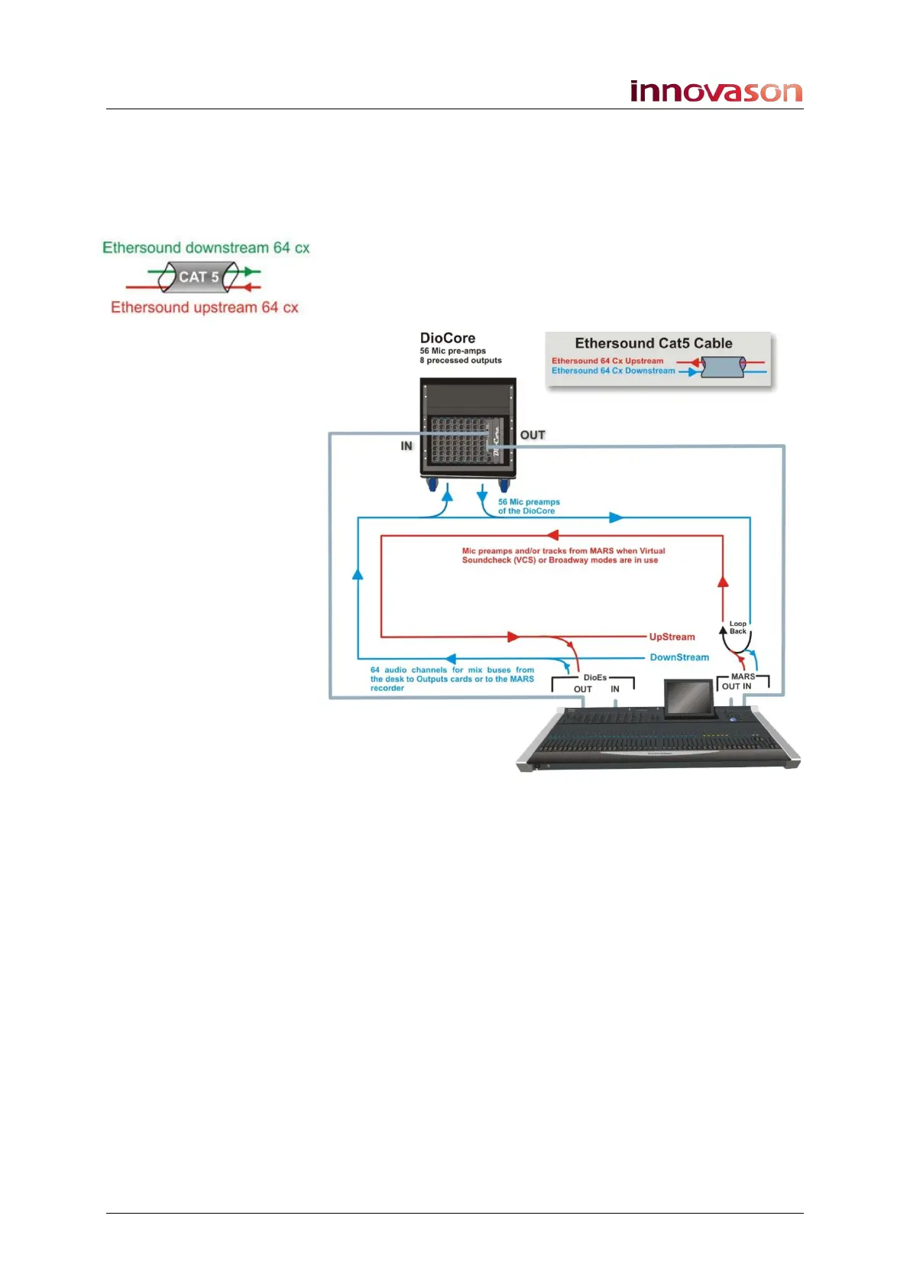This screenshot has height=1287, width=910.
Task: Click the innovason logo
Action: [716, 91]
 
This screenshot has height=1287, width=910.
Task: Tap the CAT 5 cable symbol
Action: [199, 277]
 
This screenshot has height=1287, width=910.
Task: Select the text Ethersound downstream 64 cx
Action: [206, 248]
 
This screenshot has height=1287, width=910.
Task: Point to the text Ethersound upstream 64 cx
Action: [204, 307]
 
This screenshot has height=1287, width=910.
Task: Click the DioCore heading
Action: [448, 338]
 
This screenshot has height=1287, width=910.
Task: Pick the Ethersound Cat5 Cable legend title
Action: [653, 343]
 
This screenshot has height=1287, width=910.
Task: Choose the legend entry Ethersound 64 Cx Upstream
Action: [607, 361]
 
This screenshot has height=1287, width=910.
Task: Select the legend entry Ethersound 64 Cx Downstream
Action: [613, 371]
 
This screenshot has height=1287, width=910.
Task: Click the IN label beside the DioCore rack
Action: [406, 446]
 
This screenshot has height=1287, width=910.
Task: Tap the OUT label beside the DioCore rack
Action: [533, 435]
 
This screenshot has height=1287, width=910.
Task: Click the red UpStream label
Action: [672, 637]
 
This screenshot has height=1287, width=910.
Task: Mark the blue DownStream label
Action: [679, 657]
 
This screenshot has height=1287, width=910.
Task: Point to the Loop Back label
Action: [737, 627]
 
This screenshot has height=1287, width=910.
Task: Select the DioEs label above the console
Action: [594, 677]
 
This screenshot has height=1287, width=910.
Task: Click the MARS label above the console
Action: [743, 676]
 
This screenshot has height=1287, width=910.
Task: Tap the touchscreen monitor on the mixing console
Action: [690, 699]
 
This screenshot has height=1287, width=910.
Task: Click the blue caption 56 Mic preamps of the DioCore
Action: [529, 507]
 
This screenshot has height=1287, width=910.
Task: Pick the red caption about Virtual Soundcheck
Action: [563, 556]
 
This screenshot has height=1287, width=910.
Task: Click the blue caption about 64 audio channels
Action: [452, 679]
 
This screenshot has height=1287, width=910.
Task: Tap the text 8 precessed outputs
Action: [461, 360]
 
